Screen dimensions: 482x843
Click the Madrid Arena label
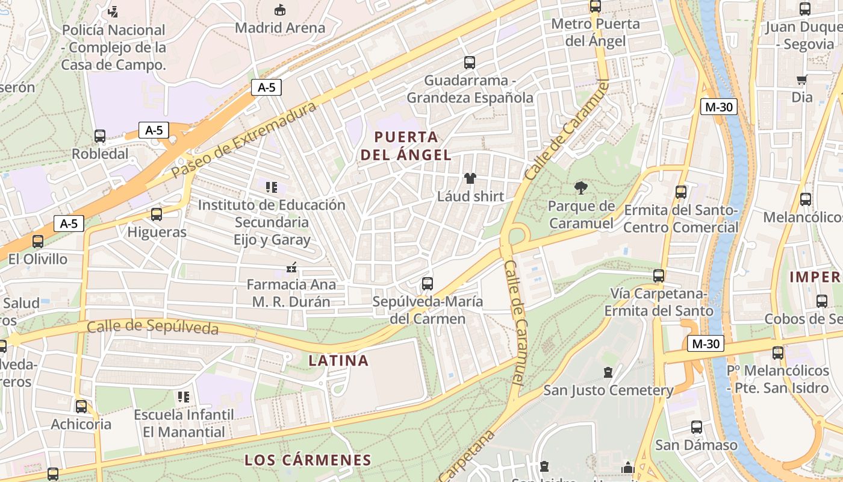[x=280, y=28]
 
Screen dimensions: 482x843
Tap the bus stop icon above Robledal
[x=100, y=136]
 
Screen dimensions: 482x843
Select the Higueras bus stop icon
[x=157, y=214]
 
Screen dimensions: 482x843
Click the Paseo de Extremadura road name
[x=244, y=140]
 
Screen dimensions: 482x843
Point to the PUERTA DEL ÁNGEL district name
[x=406, y=145]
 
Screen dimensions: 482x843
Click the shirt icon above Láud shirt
[x=470, y=178]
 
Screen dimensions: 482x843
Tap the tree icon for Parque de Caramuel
[x=581, y=188]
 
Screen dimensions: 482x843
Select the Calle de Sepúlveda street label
[x=152, y=327]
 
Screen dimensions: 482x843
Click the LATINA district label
[x=338, y=360]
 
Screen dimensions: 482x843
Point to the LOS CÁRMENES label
[x=308, y=460]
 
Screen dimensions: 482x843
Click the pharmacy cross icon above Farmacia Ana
[x=291, y=266]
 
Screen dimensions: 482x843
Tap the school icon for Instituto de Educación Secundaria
[x=272, y=187]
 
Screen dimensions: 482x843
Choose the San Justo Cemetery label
[x=608, y=390]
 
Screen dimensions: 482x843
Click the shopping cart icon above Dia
[x=801, y=80]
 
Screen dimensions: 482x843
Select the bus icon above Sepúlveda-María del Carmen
[x=428, y=283]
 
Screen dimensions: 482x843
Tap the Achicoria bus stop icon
[x=81, y=407]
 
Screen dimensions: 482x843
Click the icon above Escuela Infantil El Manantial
[x=184, y=396]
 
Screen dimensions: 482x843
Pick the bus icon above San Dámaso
[x=697, y=428]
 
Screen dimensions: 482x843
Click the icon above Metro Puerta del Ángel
[x=596, y=7]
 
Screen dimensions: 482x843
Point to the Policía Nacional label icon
[x=113, y=11]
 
